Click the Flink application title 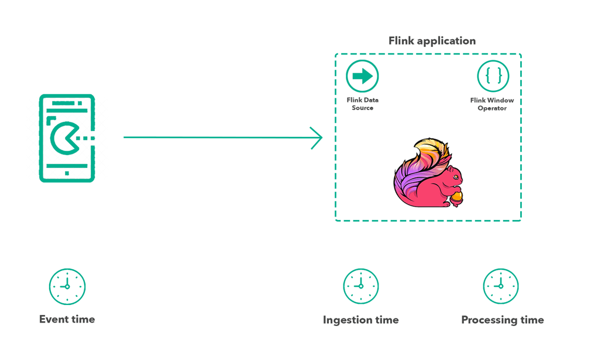432,41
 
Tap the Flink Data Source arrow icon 362,76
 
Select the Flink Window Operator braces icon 493,76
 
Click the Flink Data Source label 362,104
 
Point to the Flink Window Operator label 492,104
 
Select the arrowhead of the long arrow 317,138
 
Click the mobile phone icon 67,138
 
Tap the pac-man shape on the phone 64,138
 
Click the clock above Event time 67,287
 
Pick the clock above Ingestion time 361,287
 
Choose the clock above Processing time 501,287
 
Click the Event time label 67,319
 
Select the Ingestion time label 360,320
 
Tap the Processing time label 502,320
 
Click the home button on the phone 67,173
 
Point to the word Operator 492,108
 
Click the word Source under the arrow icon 362,108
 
